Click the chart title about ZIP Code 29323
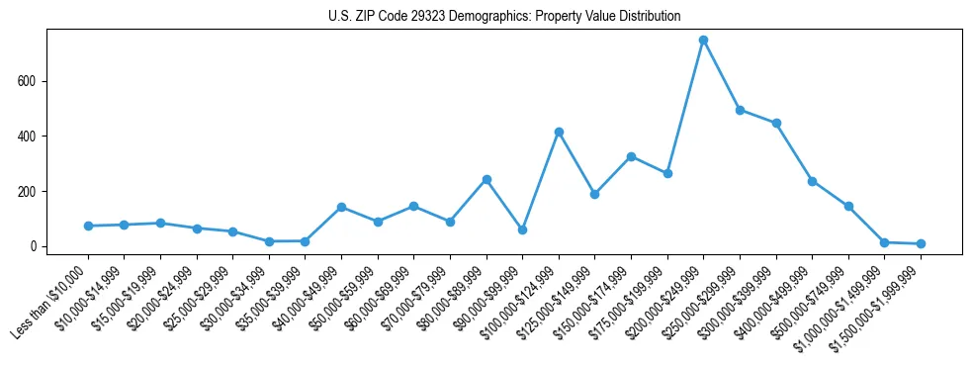pos(504,16)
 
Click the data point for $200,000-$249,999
pos(703,41)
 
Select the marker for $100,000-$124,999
pos(559,132)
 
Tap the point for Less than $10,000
pos(88,226)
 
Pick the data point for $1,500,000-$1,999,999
pos(921,243)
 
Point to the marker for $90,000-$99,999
pos(522,229)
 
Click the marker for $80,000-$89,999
pos(486,179)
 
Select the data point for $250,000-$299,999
pos(740,110)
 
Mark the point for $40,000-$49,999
pos(341,207)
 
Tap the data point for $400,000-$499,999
pos(812,181)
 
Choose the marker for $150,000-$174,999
pos(631,156)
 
